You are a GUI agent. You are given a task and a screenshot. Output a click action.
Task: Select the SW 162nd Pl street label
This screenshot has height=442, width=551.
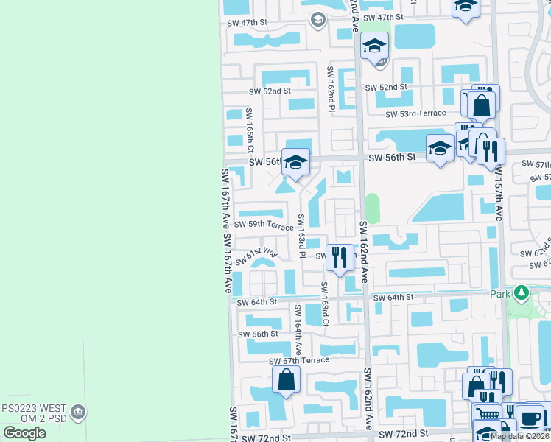pyautogui.click(x=331, y=88)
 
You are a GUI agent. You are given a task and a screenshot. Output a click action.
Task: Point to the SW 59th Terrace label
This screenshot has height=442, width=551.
pyautogui.click(x=264, y=225)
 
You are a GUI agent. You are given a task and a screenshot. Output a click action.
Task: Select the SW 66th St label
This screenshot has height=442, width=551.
pyautogui.click(x=258, y=334)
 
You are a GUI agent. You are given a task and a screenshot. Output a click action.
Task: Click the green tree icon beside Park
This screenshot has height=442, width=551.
pyautogui.click(x=522, y=292)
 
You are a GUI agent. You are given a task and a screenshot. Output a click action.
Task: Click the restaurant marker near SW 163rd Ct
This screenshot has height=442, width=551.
pyautogui.click(x=339, y=258)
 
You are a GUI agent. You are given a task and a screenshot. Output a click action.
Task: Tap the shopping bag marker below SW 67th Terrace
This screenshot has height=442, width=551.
pyautogui.click(x=287, y=380)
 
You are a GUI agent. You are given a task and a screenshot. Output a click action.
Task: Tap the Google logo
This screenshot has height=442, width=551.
pyautogui.click(x=24, y=432)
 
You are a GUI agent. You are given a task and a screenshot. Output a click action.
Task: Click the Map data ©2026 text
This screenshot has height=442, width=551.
pyautogui.click(x=519, y=436)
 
